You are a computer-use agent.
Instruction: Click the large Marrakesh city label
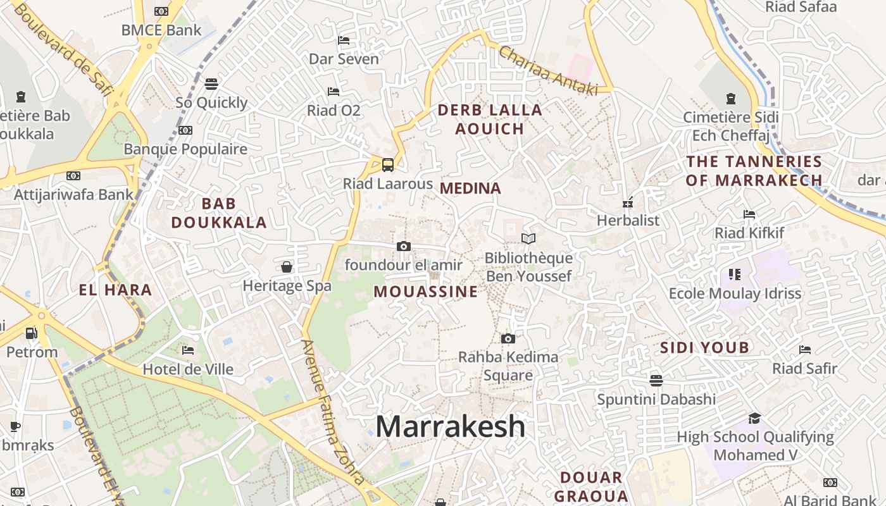[450, 427]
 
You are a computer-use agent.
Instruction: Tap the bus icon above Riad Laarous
[388, 165]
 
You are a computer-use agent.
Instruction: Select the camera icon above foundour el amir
[404, 246]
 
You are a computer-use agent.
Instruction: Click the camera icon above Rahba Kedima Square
[508, 338]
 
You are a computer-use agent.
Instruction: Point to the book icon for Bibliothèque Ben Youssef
[528, 238]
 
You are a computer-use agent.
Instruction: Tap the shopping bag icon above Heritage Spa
[287, 267]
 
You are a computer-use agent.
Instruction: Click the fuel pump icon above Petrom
[30, 333]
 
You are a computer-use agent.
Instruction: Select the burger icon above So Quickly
[211, 83]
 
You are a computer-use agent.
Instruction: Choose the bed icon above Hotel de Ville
[187, 350]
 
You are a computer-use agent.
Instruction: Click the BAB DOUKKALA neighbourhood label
[219, 213]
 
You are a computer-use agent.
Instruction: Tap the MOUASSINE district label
[425, 292]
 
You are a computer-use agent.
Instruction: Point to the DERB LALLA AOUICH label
[490, 120]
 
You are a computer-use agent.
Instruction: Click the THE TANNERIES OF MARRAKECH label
[754, 171]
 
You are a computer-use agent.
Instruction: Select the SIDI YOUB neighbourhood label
[704, 347]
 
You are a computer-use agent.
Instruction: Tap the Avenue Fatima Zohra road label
[332, 411]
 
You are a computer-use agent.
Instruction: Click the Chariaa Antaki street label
[548, 71]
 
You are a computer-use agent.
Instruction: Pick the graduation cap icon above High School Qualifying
[754, 418]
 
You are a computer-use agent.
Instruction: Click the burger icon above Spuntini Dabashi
[656, 380]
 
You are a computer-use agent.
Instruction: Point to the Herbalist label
[628, 220]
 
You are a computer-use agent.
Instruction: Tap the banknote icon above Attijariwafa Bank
[73, 176]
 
